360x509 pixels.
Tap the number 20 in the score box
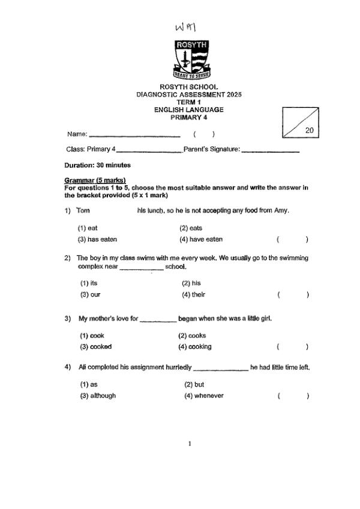(x=309, y=130)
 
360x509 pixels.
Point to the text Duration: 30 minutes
(x=97, y=165)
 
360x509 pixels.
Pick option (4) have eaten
(x=200, y=239)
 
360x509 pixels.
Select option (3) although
(x=98, y=396)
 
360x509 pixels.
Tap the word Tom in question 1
(x=83, y=210)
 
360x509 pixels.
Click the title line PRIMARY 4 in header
(x=188, y=117)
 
